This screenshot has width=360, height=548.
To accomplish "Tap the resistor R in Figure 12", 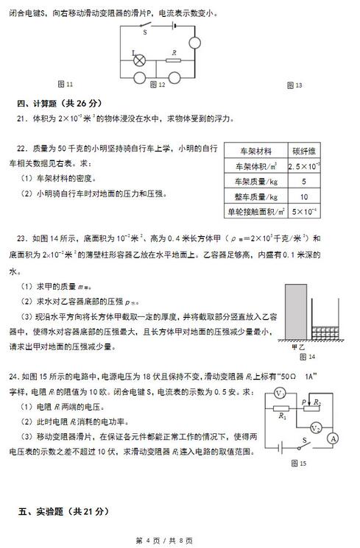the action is [174, 60].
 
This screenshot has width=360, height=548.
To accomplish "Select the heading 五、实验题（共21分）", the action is [58, 510].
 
